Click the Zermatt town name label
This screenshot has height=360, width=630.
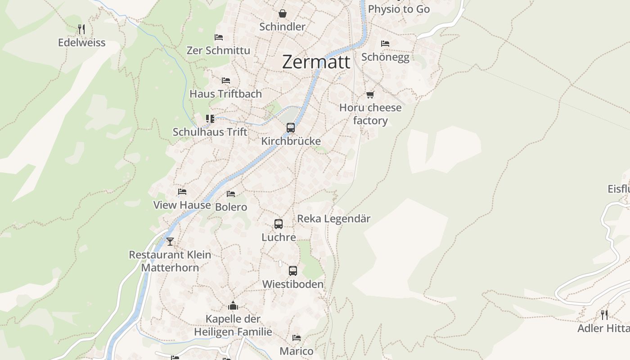[x=316, y=62]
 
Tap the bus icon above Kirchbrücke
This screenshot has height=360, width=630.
[x=291, y=128]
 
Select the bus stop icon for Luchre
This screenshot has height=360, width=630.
[x=279, y=224]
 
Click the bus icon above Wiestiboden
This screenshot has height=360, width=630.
[x=293, y=271]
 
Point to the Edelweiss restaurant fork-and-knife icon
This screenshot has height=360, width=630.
[x=81, y=29]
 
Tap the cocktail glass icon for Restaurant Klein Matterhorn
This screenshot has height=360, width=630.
[x=170, y=242]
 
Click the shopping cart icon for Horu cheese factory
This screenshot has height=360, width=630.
[x=370, y=94]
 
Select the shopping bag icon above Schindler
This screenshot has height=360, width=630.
[x=282, y=13]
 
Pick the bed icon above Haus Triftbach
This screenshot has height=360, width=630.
[x=226, y=81]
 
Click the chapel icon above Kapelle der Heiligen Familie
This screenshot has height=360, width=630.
[x=233, y=306]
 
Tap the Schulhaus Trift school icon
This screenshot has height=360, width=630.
[x=210, y=119]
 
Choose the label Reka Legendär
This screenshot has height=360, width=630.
[x=333, y=219]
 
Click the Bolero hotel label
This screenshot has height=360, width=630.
[x=231, y=207]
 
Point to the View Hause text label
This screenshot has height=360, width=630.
[x=182, y=205]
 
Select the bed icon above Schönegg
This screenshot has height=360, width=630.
[x=385, y=44]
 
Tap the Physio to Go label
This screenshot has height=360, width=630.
[x=399, y=9]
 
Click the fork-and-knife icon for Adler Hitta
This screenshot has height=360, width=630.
[x=604, y=315]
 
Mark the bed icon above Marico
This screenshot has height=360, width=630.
[x=296, y=337]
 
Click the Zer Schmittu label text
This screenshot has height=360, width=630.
[x=218, y=50]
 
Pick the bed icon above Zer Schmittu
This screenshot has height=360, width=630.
[x=219, y=37]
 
